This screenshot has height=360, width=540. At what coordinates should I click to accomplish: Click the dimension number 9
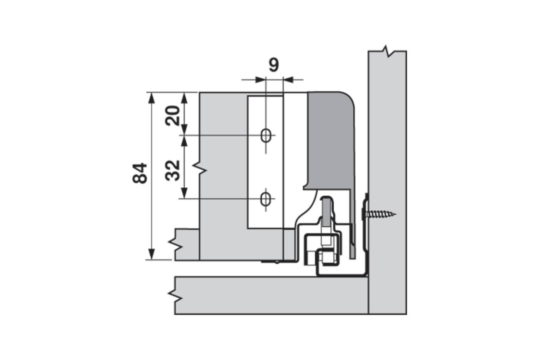pos(274,65)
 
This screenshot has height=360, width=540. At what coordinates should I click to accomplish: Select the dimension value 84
pos(140,173)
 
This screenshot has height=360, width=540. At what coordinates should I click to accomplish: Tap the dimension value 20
pos(173,116)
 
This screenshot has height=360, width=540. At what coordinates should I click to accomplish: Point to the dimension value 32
pos(173,171)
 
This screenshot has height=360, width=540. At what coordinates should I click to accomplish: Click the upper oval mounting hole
pos(266,136)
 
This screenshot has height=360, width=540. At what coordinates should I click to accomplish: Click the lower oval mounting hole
pos(265,199)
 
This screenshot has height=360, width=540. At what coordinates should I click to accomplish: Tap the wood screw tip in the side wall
pos(395,214)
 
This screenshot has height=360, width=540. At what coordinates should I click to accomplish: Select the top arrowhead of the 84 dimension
pos(151,98)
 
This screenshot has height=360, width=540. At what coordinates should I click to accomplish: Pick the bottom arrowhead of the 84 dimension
pos(151,254)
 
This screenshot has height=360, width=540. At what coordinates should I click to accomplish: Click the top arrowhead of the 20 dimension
pos(184,98)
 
